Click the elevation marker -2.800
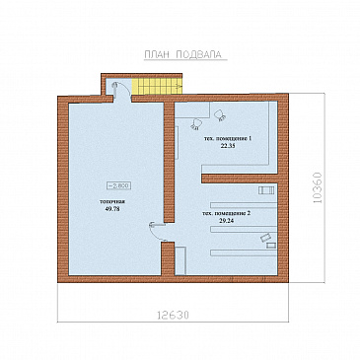coord(119,185)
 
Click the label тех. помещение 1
coord(228,139)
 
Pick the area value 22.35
coord(228,146)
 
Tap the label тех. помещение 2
coord(227,214)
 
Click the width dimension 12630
coord(173,316)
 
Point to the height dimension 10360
coord(318,187)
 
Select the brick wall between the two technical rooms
coord(240,179)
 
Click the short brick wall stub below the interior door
coord(168,258)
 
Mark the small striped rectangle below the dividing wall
coord(266,190)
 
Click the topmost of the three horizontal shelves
coord(244,205)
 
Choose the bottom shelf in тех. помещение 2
coord(244,252)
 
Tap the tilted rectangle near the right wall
coord(265,238)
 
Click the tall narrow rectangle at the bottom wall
coord(180,261)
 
